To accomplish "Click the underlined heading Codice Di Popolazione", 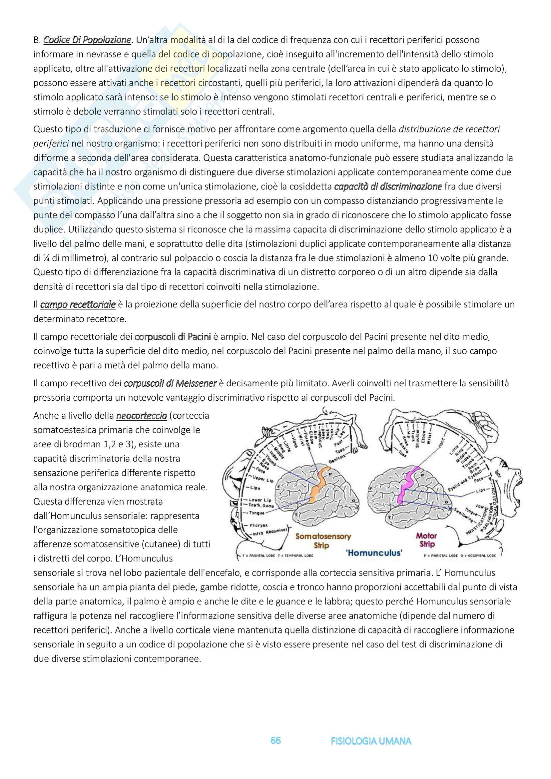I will point(87,40).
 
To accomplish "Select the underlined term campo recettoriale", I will point(78,304).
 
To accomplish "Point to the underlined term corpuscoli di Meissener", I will point(170,383).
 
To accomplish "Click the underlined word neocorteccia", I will point(142,415).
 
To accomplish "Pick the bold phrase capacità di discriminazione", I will point(388,186).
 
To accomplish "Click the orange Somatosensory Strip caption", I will point(323,541).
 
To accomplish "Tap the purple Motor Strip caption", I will point(426,540).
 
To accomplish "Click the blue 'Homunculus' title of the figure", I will point(374,553).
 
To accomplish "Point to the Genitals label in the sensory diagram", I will point(336,460).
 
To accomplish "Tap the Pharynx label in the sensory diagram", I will point(259,525).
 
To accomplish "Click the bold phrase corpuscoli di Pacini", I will point(173,337).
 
